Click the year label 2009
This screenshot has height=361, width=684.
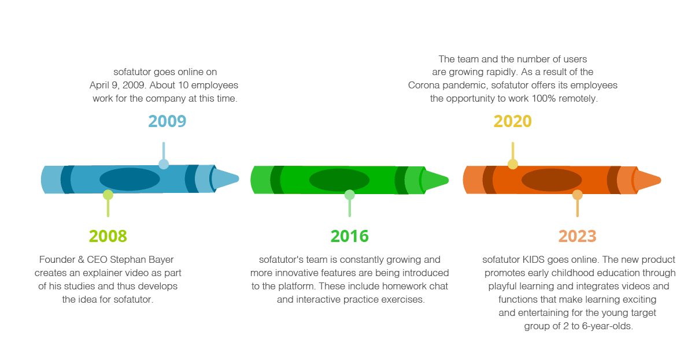[x=167, y=121]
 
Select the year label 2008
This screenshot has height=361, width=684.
[x=108, y=236]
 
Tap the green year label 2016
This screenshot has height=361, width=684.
[x=349, y=236]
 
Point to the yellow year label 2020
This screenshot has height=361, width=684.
[x=512, y=121]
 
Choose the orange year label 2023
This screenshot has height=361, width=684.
[x=577, y=236]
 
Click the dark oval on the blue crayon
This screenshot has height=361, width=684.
[x=130, y=179]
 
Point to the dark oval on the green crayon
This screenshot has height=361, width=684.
[x=339, y=180]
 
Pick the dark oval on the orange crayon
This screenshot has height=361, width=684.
[x=552, y=180]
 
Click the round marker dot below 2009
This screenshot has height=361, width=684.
[x=164, y=164]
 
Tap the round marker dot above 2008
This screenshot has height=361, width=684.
[x=108, y=195]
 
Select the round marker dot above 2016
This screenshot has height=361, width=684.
[x=349, y=195]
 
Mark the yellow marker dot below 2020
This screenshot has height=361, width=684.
[x=512, y=164]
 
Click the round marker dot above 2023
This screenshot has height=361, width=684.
[x=577, y=195]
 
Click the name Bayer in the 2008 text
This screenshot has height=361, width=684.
[x=161, y=260]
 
